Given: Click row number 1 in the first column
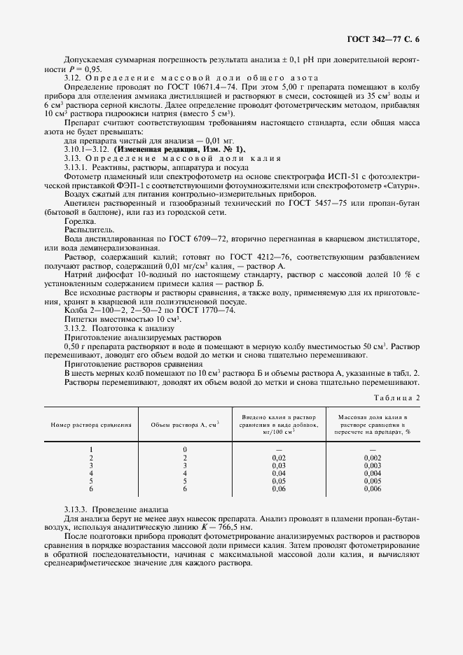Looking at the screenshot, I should click(92, 449).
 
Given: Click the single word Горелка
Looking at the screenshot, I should click(80, 221).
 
